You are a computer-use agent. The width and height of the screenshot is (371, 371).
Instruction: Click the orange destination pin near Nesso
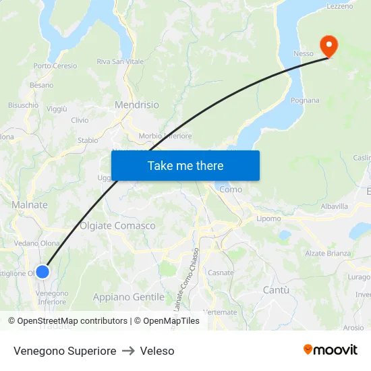click(329, 46)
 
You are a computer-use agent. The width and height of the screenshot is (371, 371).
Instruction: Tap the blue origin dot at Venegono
click(42, 272)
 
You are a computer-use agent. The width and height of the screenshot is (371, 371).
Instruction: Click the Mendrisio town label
click(137, 105)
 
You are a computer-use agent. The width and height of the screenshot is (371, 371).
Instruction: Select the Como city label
click(231, 190)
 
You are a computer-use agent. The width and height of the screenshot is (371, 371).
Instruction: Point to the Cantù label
click(275, 290)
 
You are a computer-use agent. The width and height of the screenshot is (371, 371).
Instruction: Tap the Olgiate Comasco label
click(117, 226)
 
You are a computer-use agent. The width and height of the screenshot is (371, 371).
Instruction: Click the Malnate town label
click(30, 205)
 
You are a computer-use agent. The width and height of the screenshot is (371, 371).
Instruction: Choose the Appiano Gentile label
click(128, 297)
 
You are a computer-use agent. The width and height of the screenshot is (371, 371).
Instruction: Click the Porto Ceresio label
click(55, 66)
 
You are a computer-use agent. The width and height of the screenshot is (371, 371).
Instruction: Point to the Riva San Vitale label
click(120, 61)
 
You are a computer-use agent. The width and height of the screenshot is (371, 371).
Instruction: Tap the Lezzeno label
click(339, 6)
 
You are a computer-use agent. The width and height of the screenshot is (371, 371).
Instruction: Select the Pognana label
click(305, 101)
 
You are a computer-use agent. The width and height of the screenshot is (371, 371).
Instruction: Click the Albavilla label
click(335, 206)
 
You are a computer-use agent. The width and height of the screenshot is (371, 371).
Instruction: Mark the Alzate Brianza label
click(328, 254)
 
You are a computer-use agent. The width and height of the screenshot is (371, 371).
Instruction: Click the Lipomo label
click(268, 219)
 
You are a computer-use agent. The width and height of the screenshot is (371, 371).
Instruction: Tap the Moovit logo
click(330, 350)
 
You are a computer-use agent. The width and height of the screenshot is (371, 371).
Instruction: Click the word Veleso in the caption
click(157, 351)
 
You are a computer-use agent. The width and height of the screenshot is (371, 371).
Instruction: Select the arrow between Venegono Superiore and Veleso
click(128, 351)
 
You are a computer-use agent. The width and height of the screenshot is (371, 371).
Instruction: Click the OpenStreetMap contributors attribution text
click(72, 321)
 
